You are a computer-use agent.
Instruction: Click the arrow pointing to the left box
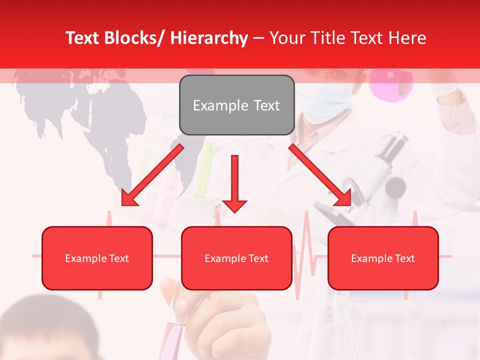[152, 175]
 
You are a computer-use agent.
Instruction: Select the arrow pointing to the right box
[320, 175]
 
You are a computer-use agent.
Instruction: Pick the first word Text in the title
[83, 38]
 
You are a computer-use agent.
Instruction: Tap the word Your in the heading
[285, 38]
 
